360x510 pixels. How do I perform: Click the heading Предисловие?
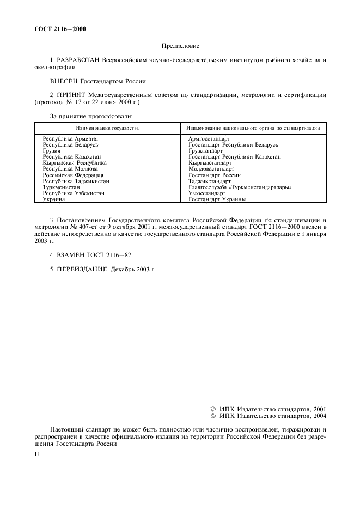(180, 47)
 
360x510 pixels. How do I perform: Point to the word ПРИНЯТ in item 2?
(72, 95)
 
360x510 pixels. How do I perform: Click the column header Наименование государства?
(107, 128)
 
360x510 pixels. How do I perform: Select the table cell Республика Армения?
(70, 139)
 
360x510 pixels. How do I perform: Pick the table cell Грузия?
(52, 151)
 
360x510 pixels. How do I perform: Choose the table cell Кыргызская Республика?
(75, 163)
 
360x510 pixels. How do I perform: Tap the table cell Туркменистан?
(62, 187)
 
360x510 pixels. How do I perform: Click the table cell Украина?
(54, 199)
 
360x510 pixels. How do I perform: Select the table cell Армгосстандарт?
(209, 139)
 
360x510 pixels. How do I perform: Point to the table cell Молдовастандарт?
(211, 169)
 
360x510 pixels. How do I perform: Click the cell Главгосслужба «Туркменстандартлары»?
(240, 187)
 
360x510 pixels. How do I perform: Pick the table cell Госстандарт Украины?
(217, 199)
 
